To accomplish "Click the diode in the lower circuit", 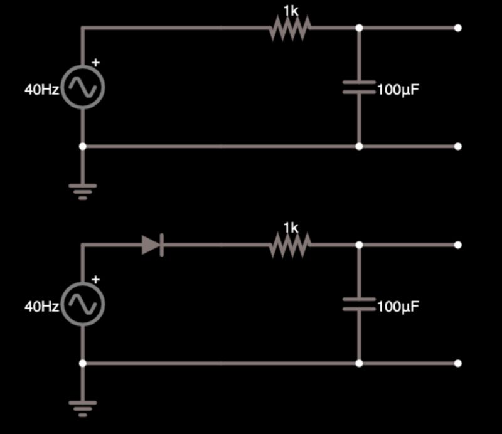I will (x=153, y=245).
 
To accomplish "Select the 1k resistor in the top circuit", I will (x=291, y=28).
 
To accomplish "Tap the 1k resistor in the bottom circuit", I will (x=291, y=245).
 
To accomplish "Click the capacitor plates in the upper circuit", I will (x=359, y=87).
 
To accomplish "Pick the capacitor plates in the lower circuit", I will (x=359, y=304).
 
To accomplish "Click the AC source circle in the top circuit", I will (x=83, y=87).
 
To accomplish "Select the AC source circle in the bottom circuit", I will (x=83, y=304).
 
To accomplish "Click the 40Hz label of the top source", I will (x=41, y=90).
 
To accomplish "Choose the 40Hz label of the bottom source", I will (x=41, y=307).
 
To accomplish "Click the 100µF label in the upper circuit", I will (x=398, y=90).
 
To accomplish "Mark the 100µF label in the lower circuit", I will (x=398, y=307).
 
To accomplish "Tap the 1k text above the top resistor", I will (x=291, y=11).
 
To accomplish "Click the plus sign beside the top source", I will (x=96, y=62).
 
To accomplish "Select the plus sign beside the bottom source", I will (x=96, y=279).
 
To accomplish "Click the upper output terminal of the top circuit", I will (x=458, y=28).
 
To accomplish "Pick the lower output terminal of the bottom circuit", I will (x=458, y=363).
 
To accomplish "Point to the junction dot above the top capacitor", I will (x=359, y=28).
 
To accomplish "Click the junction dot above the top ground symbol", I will (x=82, y=146).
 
